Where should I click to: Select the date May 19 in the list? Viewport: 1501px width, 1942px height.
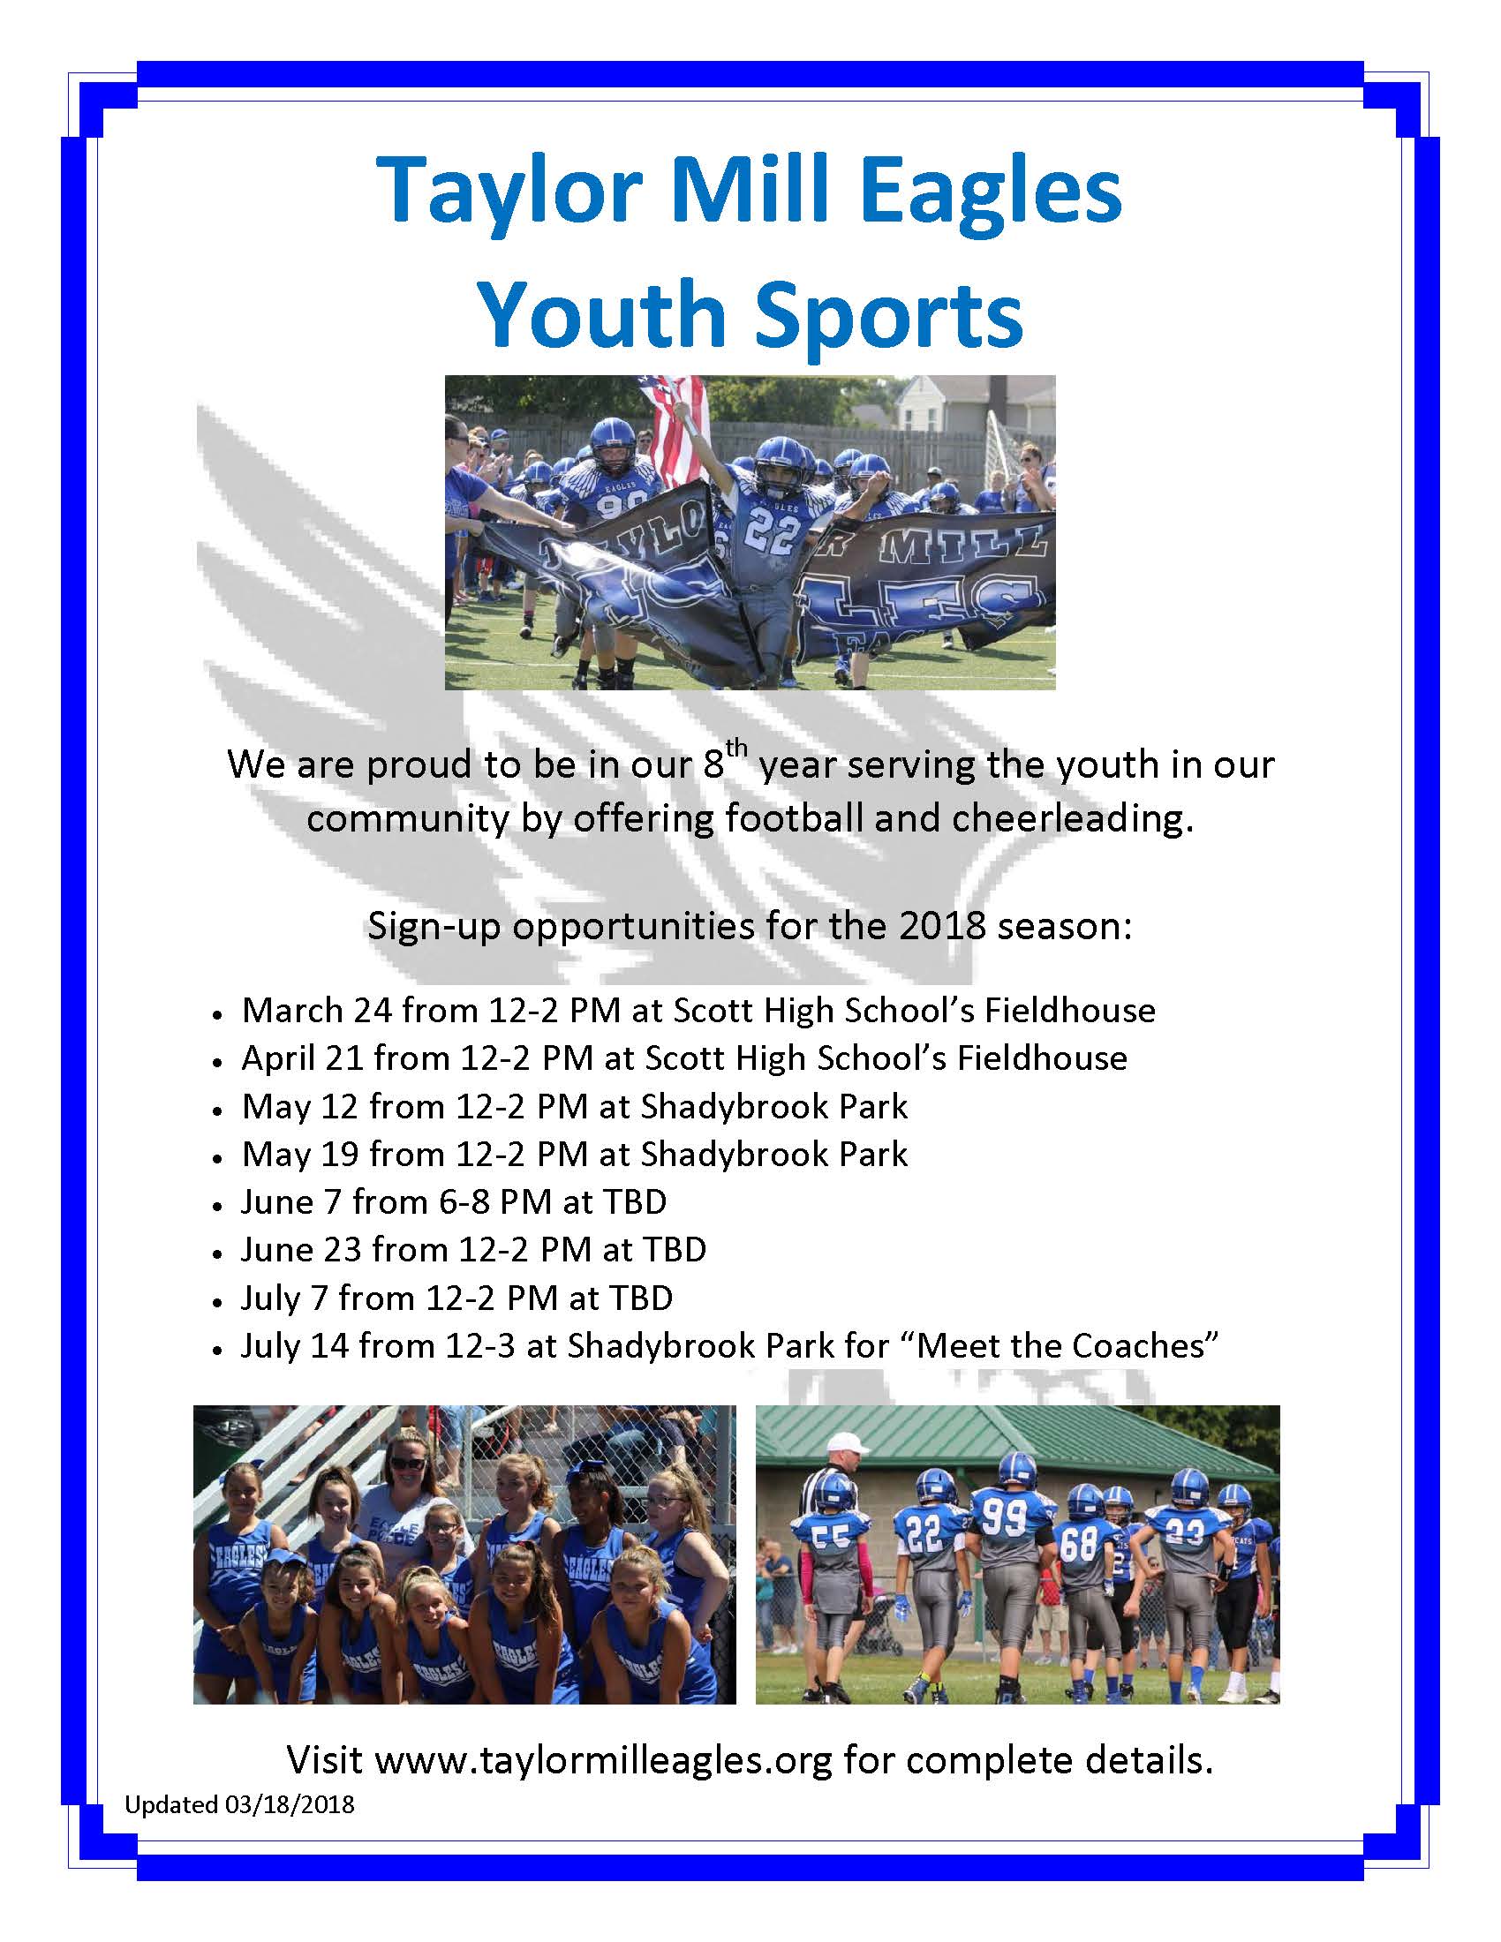299,1155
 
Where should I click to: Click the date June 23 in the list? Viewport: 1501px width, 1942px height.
300,1250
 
